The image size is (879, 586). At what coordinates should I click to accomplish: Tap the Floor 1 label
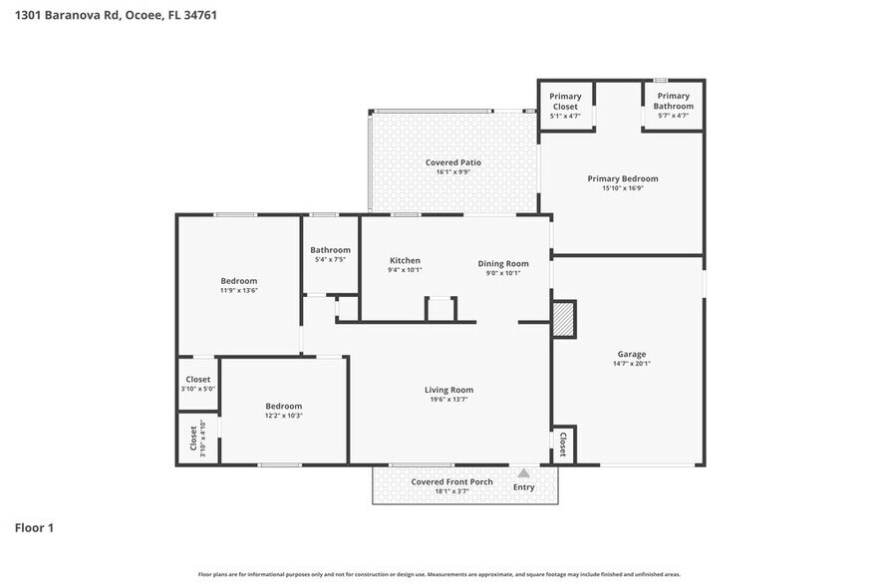34,527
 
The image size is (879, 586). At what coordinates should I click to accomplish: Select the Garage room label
631,354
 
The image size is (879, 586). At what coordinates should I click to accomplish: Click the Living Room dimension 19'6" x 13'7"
448,400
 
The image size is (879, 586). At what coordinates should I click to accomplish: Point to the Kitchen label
404,260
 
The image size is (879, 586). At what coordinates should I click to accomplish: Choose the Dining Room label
503,263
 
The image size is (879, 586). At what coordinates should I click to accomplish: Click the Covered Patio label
453,162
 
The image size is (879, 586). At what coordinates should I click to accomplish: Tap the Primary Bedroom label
622,178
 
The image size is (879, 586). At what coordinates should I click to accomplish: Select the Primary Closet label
565,101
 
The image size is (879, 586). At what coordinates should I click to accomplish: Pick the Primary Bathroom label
674,101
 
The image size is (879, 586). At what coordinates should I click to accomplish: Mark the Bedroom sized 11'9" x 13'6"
238,281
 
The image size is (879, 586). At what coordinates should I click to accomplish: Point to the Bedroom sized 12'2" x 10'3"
283,406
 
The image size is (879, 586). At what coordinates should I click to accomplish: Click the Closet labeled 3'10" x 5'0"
197,380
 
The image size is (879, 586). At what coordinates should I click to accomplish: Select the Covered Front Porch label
451,481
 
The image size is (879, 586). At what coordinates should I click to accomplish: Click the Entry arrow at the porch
523,473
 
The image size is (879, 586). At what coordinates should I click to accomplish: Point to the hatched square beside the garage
564,320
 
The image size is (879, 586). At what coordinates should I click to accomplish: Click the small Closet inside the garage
562,443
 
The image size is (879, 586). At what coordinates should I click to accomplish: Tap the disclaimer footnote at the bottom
439,574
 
